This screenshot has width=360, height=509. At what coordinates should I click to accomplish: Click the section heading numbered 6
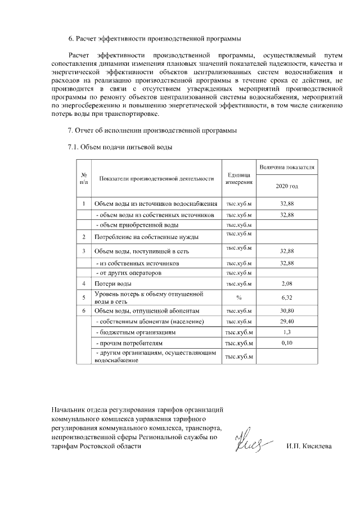pyautogui.click(x=154, y=39)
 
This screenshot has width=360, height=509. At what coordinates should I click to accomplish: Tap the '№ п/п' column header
pyautogui.click(x=83, y=178)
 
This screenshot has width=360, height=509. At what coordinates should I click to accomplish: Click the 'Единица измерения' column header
pyautogui.click(x=239, y=178)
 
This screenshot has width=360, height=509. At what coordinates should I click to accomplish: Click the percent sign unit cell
pyautogui.click(x=239, y=297)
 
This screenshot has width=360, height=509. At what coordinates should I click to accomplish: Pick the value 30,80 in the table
pyautogui.click(x=287, y=310)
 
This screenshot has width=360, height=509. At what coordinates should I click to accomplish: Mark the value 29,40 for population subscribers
pyautogui.click(x=287, y=321)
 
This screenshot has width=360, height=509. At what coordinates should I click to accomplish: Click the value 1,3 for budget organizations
pyautogui.click(x=287, y=332)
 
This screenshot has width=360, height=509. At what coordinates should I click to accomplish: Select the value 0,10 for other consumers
pyautogui.click(x=287, y=343)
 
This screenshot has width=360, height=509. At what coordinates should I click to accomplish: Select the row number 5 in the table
pyautogui.click(x=83, y=297)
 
